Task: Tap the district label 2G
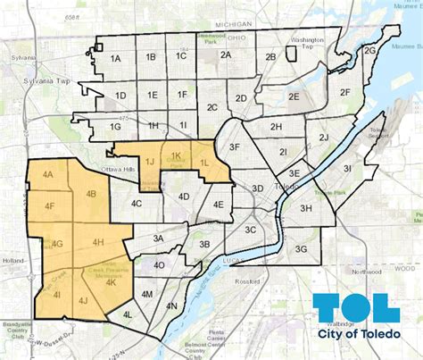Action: (369, 51)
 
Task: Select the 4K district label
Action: (112, 282)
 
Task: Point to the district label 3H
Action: (305, 208)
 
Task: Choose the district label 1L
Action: (204, 162)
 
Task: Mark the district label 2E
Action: (292, 96)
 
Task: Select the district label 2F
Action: (346, 92)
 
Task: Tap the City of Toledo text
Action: (360, 334)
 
